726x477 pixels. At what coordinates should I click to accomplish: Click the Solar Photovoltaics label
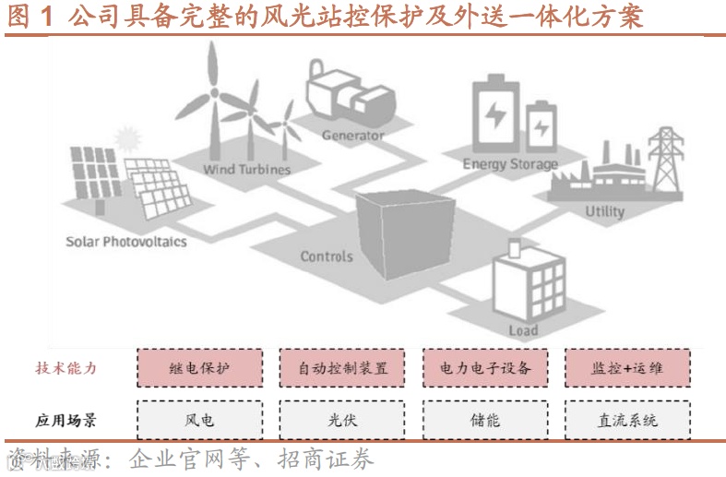[x=125, y=242]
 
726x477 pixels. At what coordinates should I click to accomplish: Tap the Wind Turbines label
[x=246, y=170]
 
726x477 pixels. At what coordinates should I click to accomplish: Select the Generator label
[x=352, y=136]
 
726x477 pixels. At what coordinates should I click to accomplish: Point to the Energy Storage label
[x=510, y=164]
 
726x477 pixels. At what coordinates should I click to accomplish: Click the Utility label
[x=604, y=211]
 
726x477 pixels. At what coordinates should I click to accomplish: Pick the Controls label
[x=327, y=256]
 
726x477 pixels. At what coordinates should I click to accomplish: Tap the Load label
[x=523, y=330]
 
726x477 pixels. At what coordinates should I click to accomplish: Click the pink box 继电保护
[x=199, y=367]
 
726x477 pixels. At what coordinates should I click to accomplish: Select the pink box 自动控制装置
[x=342, y=367]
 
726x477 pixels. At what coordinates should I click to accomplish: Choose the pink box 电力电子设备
[x=484, y=367]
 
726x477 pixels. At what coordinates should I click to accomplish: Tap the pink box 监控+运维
[x=626, y=367]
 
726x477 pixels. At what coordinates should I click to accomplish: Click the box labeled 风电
[x=199, y=420]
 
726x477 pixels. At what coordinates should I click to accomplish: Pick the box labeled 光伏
[x=342, y=420]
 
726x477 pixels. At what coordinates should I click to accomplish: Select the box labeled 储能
[x=484, y=420]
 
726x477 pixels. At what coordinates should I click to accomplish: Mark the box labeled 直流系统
[x=626, y=420]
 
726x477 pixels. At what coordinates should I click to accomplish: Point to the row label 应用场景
[x=65, y=421]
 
